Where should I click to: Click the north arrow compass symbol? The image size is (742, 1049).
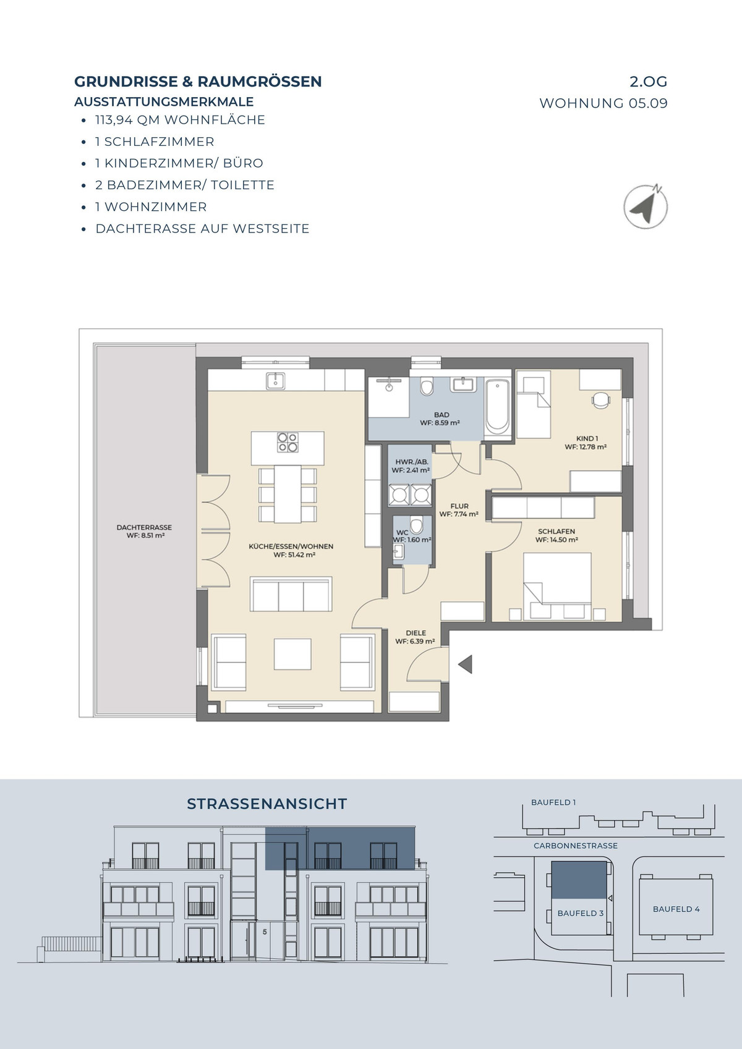click(x=646, y=207)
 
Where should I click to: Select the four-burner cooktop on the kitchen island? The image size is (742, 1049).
click(x=288, y=442)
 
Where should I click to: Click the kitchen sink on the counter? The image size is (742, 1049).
click(x=275, y=381)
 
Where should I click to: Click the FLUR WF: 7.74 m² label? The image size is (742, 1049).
click(x=459, y=510)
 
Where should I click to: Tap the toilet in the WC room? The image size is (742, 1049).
click(x=416, y=525)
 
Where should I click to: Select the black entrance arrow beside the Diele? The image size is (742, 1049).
click(x=465, y=664)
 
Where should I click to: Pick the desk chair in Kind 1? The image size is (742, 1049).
click(x=601, y=401)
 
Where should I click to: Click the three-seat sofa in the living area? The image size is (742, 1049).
click(x=291, y=594)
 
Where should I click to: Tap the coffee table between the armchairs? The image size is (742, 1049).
click(x=292, y=654)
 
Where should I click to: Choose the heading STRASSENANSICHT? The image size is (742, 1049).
click(x=267, y=804)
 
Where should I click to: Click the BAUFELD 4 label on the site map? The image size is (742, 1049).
click(x=676, y=909)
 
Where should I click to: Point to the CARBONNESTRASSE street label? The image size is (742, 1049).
click(x=576, y=846)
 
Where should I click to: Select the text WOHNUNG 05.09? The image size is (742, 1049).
click(x=603, y=103)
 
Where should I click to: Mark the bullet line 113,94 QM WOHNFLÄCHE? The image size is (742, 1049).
click(x=181, y=120)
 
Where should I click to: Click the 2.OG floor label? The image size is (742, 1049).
click(x=648, y=82)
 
